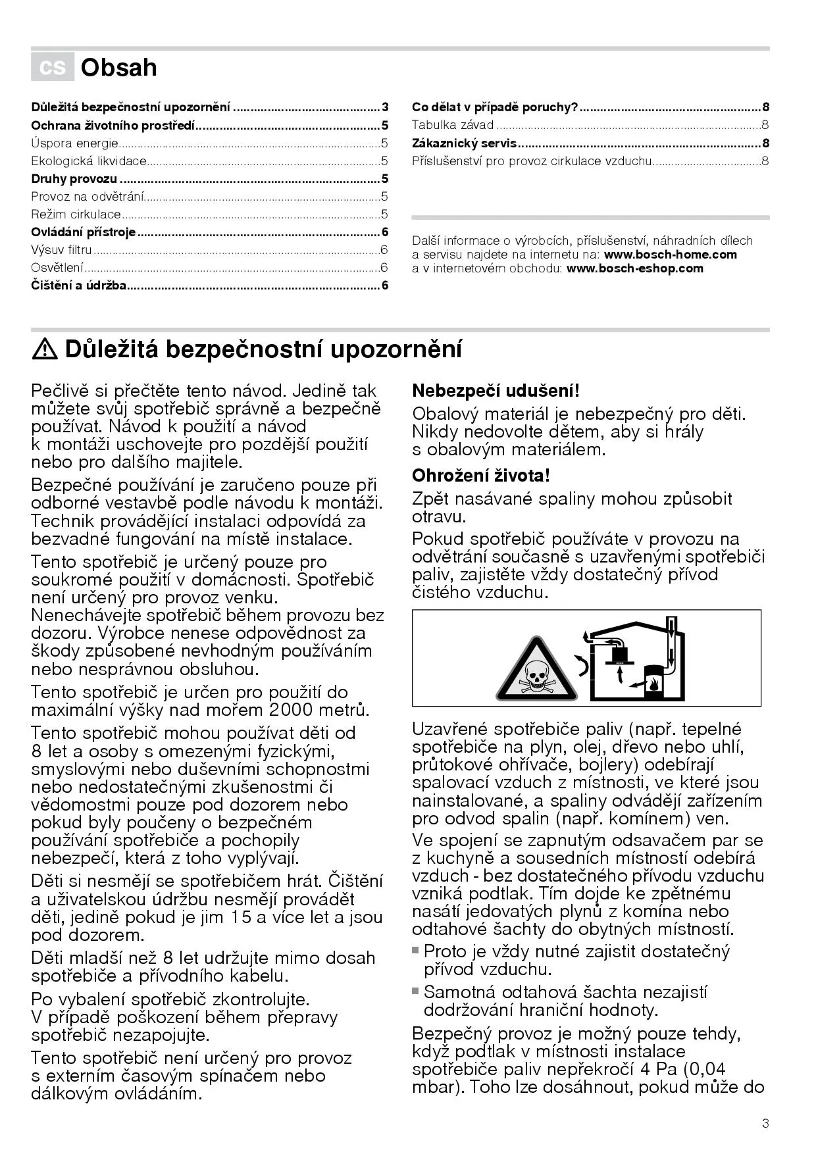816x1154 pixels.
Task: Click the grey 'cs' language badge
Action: coord(53,67)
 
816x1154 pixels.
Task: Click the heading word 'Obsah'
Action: coord(118,68)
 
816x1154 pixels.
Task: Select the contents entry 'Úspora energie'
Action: coord(74,143)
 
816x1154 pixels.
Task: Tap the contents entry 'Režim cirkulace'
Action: coord(76,214)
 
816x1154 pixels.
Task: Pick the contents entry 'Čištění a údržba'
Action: coord(78,285)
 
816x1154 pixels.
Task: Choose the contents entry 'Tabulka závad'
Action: coord(453,125)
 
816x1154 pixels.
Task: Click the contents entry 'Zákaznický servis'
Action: coord(464,143)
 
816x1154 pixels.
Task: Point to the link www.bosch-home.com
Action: coord(670,255)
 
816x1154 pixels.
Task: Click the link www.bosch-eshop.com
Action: coord(634,268)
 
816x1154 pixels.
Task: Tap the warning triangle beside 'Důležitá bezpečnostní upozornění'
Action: coord(45,349)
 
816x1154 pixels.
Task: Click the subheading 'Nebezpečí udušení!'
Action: coord(496,391)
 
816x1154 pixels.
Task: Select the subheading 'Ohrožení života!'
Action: coord(480,476)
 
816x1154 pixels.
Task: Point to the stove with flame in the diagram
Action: coord(653,682)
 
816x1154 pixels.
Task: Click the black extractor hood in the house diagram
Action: coord(621,653)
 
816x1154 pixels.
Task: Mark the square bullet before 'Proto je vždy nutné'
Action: coord(416,950)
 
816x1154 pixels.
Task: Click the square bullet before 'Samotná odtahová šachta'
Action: coord(416,991)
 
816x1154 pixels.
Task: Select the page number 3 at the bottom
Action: coord(765,1123)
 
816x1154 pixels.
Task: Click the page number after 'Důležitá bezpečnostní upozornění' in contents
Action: coord(385,107)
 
